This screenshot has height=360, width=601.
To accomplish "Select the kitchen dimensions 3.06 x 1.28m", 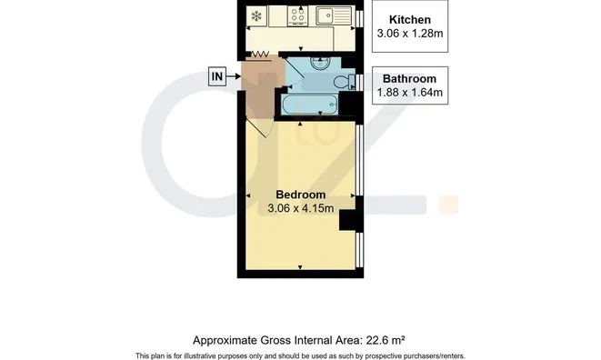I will (409, 35).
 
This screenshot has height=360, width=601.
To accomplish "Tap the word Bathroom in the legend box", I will (409, 77).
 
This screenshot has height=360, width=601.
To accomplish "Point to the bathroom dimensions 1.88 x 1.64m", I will (409, 92).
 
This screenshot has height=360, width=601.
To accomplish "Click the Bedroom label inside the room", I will (300, 194).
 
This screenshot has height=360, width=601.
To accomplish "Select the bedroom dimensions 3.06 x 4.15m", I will (300, 208).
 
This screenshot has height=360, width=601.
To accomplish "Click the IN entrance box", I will (216, 76).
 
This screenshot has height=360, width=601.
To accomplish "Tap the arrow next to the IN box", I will (234, 76).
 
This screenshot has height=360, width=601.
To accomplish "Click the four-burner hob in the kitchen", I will (297, 15).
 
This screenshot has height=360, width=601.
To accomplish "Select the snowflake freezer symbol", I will (255, 16).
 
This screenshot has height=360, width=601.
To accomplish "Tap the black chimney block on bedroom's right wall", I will (348, 219).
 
